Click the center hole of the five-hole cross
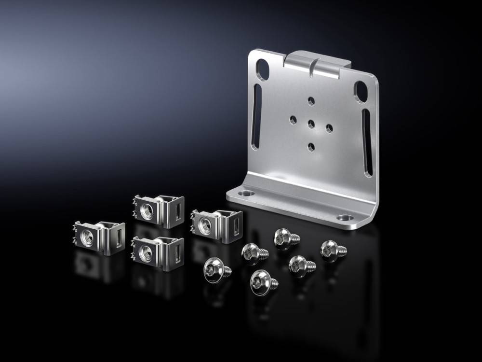point(311,124)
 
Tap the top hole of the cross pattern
point(311,101)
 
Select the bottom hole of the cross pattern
point(311,146)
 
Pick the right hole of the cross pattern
point(329,128)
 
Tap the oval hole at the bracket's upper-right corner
point(361,92)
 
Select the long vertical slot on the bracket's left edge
point(256,116)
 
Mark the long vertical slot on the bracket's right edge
point(367,143)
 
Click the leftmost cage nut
point(99,236)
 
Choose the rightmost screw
point(332,250)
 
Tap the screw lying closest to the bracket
point(285,238)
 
